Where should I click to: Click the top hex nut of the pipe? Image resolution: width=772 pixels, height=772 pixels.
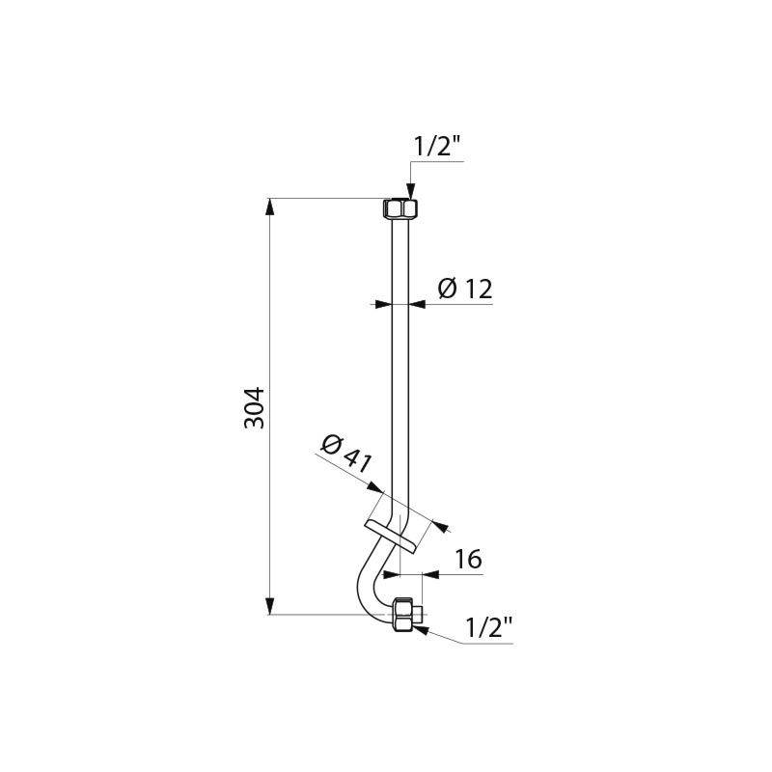click(400, 208)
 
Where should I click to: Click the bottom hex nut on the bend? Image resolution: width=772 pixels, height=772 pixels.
click(406, 614)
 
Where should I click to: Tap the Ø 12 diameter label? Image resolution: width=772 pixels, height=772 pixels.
click(465, 288)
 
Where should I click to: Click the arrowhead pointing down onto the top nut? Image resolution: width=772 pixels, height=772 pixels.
click(410, 192)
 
